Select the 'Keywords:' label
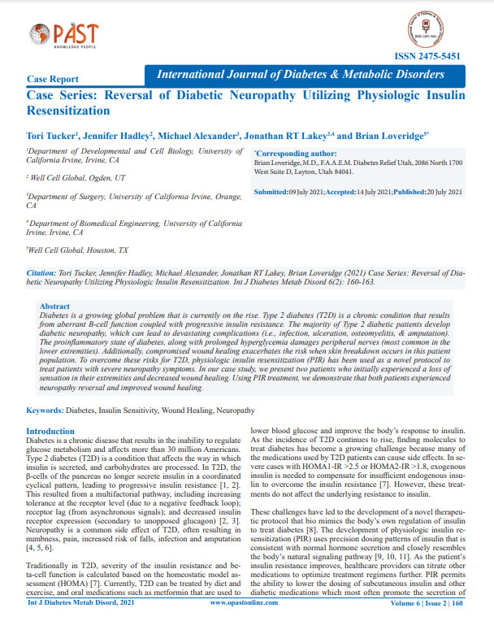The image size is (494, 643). (x=45, y=411)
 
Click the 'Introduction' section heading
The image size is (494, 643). (x=50, y=431)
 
